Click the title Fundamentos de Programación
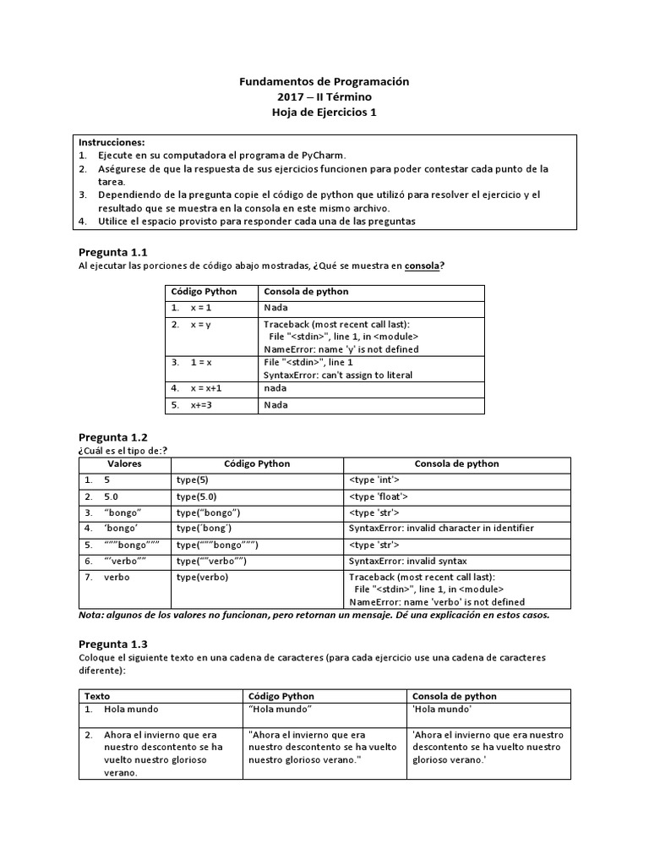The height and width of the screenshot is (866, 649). click(x=324, y=81)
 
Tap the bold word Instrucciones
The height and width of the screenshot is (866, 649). click(x=112, y=142)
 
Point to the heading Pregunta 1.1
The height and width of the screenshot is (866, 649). click(x=112, y=252)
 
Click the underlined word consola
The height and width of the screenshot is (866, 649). click(x=422, y=266)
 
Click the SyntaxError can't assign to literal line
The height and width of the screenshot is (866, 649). click(x=338, y=375)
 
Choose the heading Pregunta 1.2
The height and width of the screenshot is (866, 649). click(x=112, y=437)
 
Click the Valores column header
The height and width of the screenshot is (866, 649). click(x=124, y=464)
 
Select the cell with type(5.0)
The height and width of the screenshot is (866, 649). click(x=197, y=496)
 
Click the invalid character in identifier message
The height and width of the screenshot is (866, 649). click(x=441, y=529)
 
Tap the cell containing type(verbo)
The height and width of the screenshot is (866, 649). click(x=202, y=577)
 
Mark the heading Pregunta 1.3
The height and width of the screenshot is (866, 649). click(x=112, y=644)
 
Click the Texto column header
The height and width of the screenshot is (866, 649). click(x=97, y=696)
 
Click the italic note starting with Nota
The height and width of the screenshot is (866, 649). click(x=313, y=615)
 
